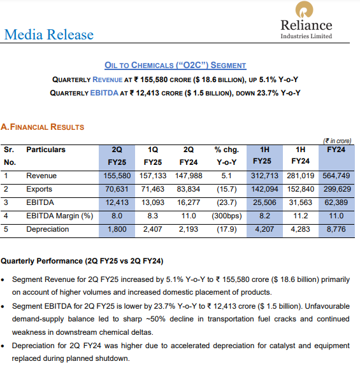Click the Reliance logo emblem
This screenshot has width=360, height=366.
(306, 11)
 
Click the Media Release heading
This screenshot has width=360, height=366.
(48, 34)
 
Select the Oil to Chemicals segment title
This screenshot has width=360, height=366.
(175, 65)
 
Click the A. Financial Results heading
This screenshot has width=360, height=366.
(43, 127)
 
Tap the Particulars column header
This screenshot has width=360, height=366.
(46, 150)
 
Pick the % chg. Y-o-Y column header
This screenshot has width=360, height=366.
(226, 155)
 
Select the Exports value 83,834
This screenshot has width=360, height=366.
(189, 189)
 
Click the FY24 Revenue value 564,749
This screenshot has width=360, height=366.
(336, 176)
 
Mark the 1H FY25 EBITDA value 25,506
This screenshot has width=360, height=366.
(263, 202)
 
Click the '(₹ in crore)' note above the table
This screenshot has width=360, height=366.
(337, 141)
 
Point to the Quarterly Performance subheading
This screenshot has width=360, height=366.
(82, 261)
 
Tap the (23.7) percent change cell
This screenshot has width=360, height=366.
(226, 202)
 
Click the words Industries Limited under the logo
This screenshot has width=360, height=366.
(306, 36)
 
